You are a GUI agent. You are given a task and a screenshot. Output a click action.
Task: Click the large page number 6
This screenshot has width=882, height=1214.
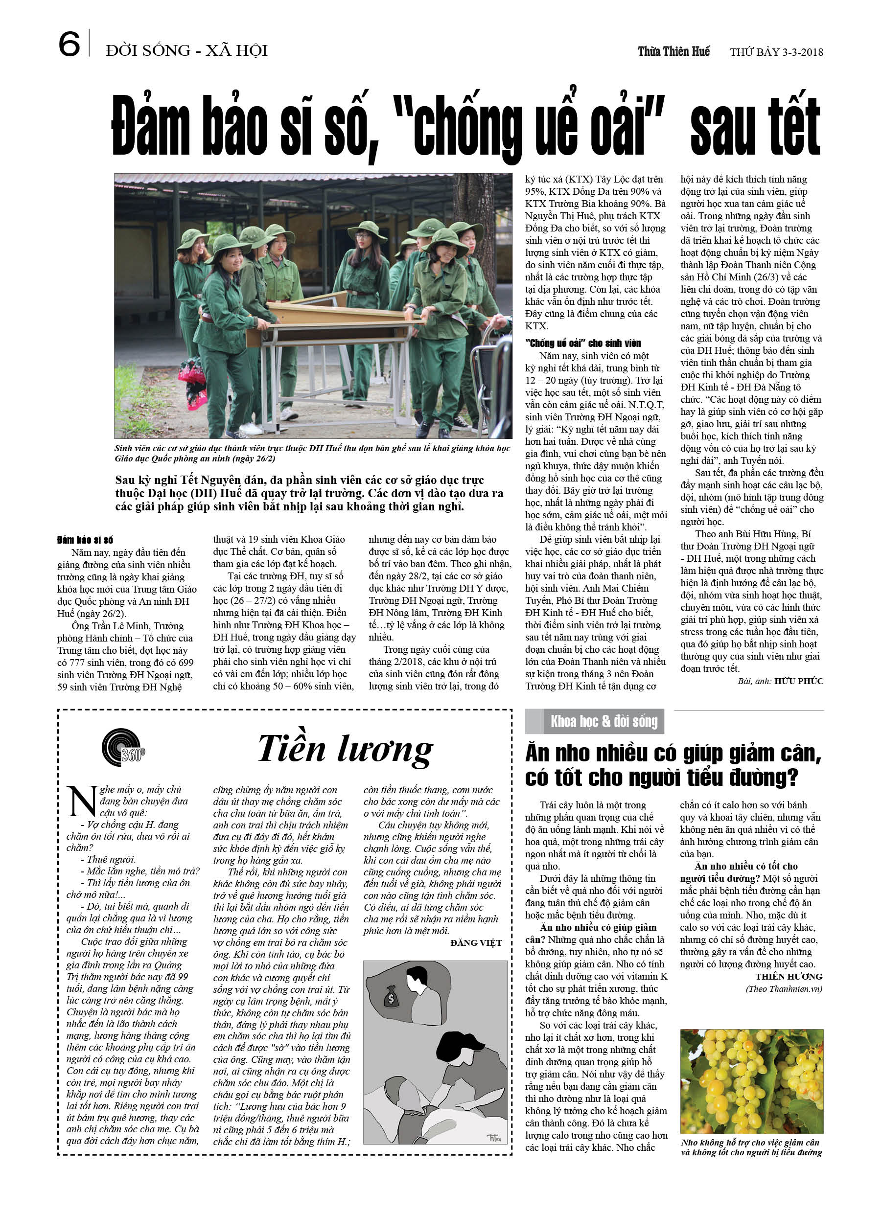pyautogui.click(x=69, y=45)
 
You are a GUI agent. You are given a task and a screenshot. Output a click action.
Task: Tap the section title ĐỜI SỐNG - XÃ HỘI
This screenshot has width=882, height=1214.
pyautogui.click(x=186, y=51)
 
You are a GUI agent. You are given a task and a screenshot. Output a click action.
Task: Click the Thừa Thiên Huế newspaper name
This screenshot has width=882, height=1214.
pyautogui.click(x=673, y=52)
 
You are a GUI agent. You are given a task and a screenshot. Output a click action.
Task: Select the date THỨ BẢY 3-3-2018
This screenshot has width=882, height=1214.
pyautogui.click(x=776, y=52)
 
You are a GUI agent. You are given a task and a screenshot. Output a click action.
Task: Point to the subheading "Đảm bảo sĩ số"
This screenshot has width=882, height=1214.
pyautogui.click(x=85, y=540)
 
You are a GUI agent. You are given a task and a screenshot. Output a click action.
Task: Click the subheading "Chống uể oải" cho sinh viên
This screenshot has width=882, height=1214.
pyautogui.click(x=582, y=344)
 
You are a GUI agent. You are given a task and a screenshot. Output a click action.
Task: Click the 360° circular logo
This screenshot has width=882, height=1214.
pyautogui.click(x=123, y=747)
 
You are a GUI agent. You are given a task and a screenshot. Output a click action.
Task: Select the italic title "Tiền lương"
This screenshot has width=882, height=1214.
pyautogui.click(x=346, y=749)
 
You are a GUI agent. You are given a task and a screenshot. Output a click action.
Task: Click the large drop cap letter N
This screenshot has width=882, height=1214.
pyautogui.click(x=81, y=802)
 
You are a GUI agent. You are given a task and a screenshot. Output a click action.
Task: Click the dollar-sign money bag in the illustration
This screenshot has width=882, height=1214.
pyautogui.click(x=391, y=997)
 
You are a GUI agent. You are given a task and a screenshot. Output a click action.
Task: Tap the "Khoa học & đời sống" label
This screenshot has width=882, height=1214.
pyautogui.click(x=603, y=722)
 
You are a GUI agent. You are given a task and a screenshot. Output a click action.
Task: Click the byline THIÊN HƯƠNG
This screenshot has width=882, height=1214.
pyautogui.click(x=789, y=976)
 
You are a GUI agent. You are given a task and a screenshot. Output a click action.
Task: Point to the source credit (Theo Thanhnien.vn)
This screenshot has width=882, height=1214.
pyautogui.click(x=784, y=988)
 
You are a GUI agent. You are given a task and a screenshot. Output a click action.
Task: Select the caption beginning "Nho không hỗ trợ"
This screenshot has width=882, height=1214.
pyautogui.click(x=751, y=1147)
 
